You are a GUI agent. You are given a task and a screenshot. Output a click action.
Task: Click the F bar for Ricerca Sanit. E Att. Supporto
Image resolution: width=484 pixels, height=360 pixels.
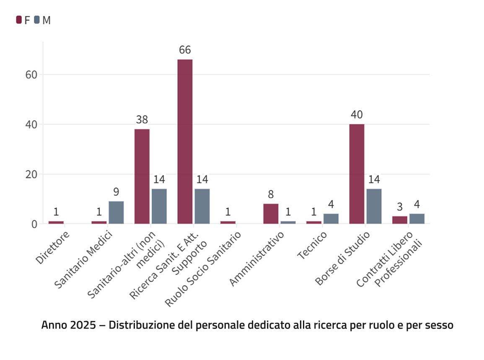pos(185,141)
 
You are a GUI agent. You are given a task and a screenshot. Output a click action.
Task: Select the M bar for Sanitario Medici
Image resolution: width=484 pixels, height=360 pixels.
pos(116,212)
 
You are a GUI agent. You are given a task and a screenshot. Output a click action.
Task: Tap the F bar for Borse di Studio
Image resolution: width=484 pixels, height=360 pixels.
pos(357,174)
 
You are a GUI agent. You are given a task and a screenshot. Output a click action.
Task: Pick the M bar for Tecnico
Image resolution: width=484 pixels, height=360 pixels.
pos(331,219)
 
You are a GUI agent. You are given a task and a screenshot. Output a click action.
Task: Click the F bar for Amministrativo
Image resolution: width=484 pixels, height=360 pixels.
pos(271,214)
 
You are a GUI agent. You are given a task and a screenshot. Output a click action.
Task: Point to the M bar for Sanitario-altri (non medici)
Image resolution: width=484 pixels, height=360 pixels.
pos(159,206)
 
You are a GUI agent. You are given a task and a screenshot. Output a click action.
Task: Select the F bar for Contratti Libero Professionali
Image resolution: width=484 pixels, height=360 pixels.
pos(399,220)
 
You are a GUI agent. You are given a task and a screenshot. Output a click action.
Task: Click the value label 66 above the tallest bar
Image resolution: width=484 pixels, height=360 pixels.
pos(185,50)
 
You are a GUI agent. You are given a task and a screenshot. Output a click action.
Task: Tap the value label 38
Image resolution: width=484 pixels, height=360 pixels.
pos(142,120)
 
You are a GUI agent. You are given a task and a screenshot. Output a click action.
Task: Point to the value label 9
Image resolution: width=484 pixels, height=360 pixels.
pos(116,192)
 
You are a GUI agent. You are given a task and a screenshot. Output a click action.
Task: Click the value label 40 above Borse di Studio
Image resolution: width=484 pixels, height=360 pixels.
pos(357,115)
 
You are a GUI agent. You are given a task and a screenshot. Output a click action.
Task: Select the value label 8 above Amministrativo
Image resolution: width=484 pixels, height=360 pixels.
pos(271,194)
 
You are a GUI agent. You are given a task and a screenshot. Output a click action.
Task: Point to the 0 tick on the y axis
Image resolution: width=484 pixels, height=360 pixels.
pos(34,224)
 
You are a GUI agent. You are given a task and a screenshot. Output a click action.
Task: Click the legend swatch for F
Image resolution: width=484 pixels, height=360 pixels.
pos(19,20)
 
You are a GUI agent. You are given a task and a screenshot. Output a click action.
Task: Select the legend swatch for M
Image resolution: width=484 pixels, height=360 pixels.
pos(37,20)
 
